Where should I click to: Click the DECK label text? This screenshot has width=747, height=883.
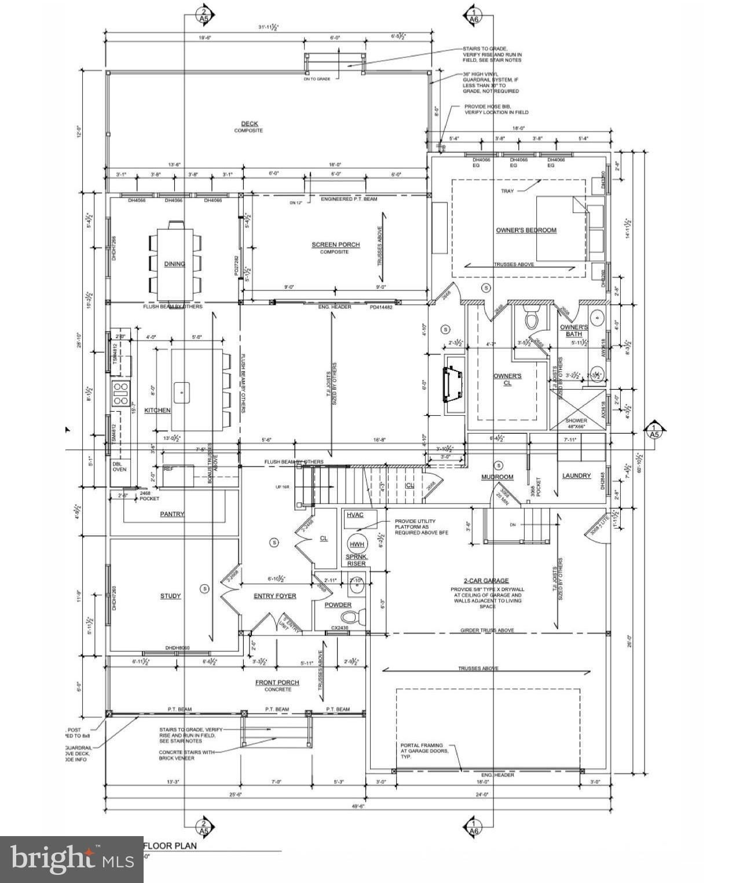250,123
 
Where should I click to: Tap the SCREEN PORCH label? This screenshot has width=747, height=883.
335,245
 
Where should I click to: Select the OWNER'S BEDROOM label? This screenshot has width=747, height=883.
526,230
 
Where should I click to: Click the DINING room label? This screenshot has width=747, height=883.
174,264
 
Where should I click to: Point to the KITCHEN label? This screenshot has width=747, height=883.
158,410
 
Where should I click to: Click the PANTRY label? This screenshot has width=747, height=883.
172,514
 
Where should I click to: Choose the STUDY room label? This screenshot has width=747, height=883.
170,596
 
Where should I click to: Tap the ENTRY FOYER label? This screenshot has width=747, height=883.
275,596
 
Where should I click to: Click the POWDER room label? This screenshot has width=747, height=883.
338,605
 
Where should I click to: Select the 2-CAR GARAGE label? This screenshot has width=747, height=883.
486,580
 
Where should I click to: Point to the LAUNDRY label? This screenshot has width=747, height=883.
577,475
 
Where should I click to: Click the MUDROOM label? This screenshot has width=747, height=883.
497,477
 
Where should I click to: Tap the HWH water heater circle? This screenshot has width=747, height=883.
357,544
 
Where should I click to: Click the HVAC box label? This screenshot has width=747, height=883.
354,515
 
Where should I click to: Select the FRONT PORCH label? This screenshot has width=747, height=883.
277,683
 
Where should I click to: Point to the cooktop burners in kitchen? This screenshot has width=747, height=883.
120,393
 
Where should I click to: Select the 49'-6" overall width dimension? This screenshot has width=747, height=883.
358,805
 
